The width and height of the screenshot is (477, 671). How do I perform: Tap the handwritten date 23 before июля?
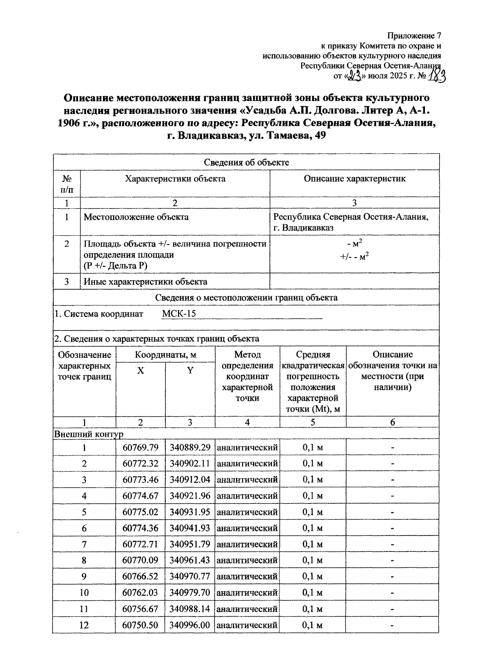pos(353,75)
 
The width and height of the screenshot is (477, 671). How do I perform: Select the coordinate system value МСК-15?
pos(179,314)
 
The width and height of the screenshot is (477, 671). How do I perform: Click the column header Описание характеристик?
pos(355,179)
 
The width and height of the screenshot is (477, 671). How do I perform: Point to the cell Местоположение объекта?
pos(136,217)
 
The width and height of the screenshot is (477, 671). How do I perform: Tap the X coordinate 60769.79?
pos(140,447)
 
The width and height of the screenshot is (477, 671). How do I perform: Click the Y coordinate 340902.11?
pos(190,464)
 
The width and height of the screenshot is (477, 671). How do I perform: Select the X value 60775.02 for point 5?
pos(140,512)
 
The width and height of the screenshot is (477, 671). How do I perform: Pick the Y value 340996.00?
pos(190,625)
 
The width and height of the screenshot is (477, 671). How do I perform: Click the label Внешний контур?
pos(89,434)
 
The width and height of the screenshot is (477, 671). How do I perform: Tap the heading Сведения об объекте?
pos(246,162)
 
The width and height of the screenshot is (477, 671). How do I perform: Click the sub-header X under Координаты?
pos(140,371)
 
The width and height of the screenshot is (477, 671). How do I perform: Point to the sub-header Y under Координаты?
pos(190,371)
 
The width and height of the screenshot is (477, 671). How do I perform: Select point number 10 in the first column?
pos(84,593)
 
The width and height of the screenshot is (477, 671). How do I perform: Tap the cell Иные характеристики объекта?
pos(145,282)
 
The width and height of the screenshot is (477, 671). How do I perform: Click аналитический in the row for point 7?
pos(247,544)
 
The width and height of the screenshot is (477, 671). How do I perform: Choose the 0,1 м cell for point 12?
pos(312,625)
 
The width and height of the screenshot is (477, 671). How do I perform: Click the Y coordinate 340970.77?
pos(190,577)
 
